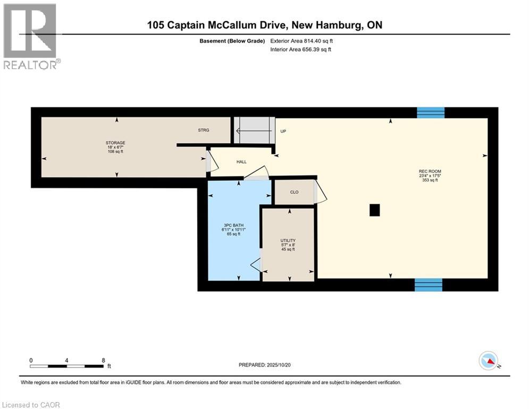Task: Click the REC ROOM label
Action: point(427,171)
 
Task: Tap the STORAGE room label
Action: point(115,143)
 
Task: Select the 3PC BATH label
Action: point(233,226)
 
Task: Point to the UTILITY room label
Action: point(288,241)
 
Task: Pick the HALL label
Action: point(241,162)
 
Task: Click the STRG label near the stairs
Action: point(204,129)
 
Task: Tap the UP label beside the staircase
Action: point(283,131)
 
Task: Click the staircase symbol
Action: point(254,130)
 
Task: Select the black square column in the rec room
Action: point(375,210)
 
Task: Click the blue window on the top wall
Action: point(430,112)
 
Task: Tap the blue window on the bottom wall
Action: point(429,285)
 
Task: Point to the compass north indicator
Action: point(488,361)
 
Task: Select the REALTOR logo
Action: point(31,37)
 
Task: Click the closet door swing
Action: point(321,193)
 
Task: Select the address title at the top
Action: point(264,25)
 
